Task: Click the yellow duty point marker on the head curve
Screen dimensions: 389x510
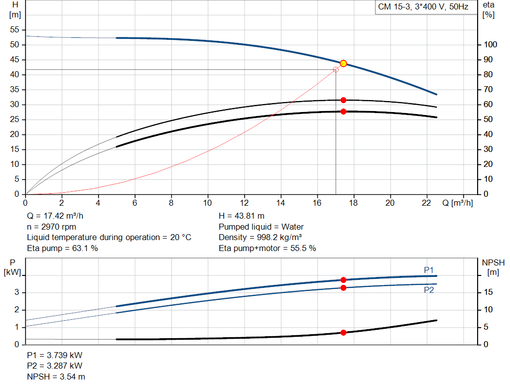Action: [343, 63]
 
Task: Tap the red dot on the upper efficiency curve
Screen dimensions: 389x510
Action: [343, 100]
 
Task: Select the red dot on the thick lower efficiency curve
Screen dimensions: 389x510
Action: [343, 112]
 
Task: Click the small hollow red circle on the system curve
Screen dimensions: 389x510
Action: [336, 70]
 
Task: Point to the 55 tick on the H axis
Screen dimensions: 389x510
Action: [14, 30]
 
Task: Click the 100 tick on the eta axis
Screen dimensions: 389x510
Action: [490, 45]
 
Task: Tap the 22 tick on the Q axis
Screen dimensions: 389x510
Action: [427, 203]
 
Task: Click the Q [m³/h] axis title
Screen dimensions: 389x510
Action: [457, 203]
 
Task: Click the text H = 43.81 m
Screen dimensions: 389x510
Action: [242, 216]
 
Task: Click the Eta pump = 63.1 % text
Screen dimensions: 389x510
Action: [62, 248]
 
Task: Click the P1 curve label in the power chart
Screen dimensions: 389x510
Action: [429, 270]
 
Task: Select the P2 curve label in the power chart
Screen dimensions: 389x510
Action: [429, 290]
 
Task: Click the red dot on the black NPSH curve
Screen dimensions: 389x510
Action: [343, 332]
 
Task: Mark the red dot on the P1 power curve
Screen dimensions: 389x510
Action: [343, 280]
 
